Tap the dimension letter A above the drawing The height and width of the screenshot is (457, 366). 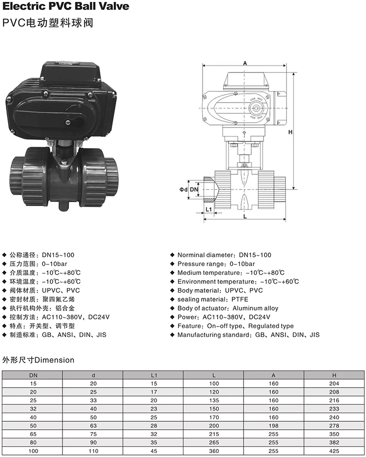click(245, 62)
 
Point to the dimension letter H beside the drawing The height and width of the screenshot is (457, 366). click(289, 132)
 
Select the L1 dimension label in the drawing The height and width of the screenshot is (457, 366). click(208, 209)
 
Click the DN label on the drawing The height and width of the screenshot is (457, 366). click(194, 189)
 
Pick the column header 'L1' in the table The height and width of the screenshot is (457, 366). click(153, 375)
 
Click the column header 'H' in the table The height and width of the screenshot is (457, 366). click(334, 375)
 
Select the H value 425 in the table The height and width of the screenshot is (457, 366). click(334, 451)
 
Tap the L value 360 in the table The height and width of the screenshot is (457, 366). click(214, 451)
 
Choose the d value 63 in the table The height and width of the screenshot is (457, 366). click(93, 426)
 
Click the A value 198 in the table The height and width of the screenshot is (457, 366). click(274, 426)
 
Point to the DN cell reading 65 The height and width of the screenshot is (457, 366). click(33, 434)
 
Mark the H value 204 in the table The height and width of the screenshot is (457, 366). click(334, 383)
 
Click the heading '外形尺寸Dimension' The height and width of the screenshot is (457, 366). click(39, 360)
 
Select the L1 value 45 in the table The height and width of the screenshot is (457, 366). click(153, 451)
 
